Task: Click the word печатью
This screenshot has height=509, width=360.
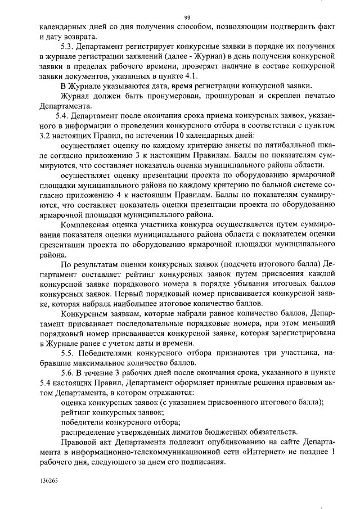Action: (x=318, y=97)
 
